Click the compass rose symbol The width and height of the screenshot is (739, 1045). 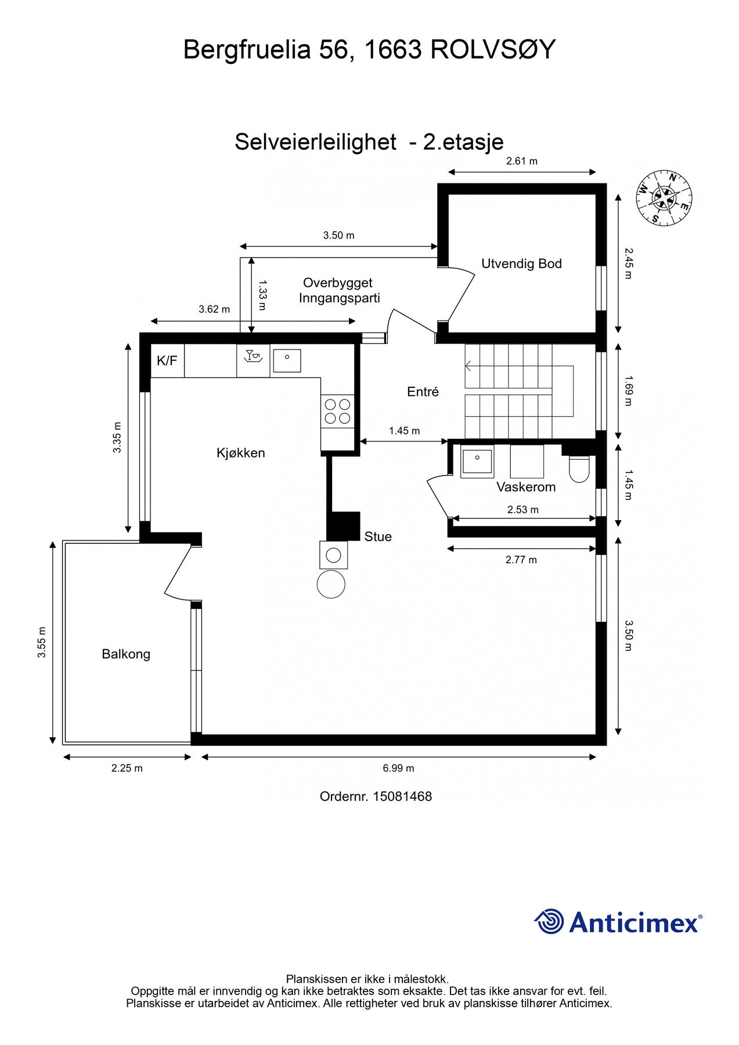(664, 197)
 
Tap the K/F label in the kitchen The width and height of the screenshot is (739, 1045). (167, 361)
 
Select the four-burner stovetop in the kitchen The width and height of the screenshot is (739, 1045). (337, 410)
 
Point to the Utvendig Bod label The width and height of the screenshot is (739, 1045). (521, 264)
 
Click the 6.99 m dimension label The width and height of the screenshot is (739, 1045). (398, 768)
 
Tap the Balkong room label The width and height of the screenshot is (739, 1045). (126, 654)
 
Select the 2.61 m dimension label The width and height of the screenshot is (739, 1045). (521, 161)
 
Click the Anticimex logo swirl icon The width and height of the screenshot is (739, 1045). (549, 921)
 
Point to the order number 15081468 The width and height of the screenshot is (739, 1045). (402, 797)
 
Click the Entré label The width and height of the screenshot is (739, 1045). (423, 392)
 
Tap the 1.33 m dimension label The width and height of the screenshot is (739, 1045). (262, 296)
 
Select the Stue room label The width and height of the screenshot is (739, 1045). (378, 537)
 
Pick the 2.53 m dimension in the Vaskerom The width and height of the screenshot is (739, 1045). (522, 510)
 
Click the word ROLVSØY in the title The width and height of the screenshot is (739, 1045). (493, 50)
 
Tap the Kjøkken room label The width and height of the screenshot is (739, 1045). (241, 453)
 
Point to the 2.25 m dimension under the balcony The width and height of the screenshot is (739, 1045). (127, 768)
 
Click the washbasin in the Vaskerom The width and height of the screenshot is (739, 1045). (477, 463)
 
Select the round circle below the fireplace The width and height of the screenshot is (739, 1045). (331, 583)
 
